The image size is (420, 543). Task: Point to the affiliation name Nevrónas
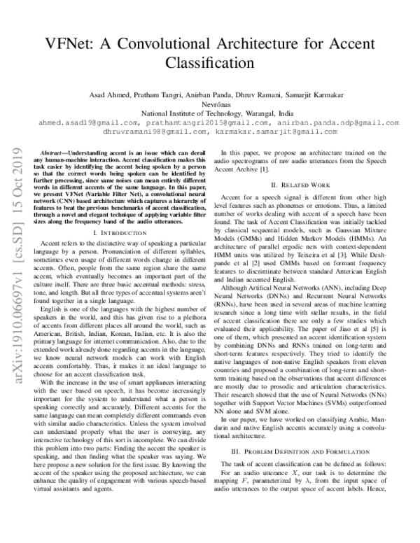[210, 104]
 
